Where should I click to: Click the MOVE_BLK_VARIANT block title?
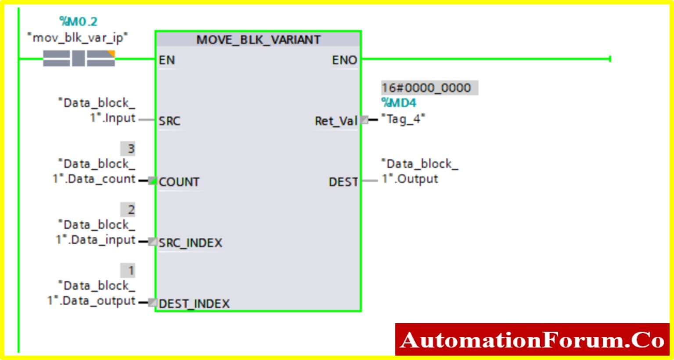(258, 39)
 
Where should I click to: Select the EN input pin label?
(167, 60)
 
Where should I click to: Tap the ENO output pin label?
(344, 60)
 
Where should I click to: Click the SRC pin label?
(169, 121)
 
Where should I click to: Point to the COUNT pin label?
(179, 182)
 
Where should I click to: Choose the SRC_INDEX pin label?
(190, 243)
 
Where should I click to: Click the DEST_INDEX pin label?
(194, 303)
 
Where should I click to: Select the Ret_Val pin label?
(336, 121)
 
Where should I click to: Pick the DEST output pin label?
(343, 182)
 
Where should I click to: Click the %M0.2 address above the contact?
(78, 21)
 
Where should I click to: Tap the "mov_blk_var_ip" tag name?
(77, 38)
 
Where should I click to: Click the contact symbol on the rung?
(79, 58)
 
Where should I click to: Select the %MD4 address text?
(398, 103)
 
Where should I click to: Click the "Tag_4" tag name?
(403, 119)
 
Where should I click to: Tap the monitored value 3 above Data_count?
(130, 149)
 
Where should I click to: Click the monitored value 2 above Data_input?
(130, 210)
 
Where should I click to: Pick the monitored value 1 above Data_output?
(130, 271)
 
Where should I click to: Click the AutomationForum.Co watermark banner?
(532, 340)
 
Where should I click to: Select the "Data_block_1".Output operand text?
(419, 171)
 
